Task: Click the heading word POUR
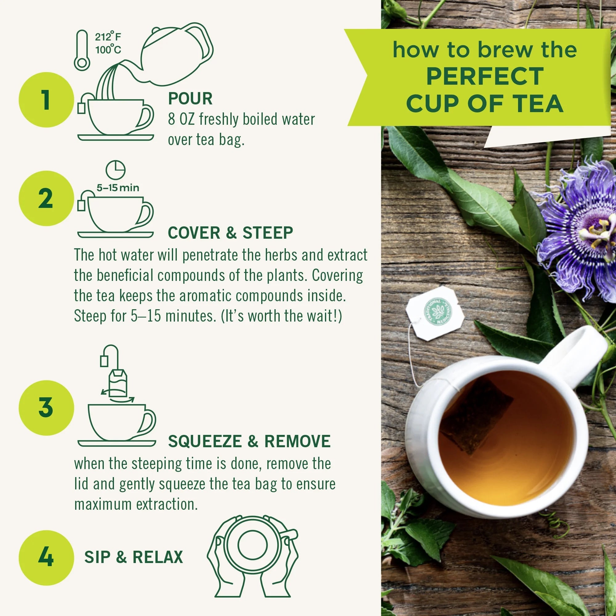[x=190, y=99]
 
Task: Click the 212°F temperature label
[x=108, y=37]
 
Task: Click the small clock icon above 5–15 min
[x=115, y=170]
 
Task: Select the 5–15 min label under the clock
[x=118, y=188]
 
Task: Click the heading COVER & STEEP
[x=230, y=233]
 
